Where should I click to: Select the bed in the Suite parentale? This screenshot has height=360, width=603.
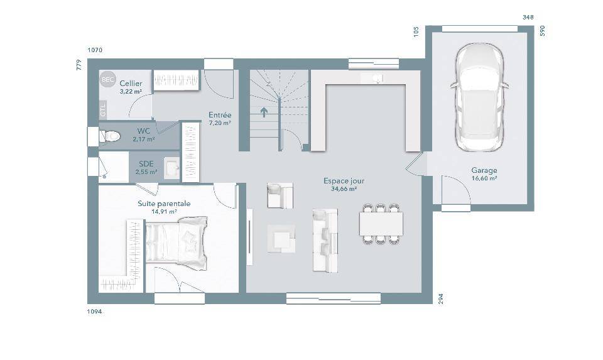(x=176, y=243)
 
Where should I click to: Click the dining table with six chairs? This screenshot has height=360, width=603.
(x=381, y=224)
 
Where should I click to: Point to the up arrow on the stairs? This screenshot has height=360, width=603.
(x=264, y=112)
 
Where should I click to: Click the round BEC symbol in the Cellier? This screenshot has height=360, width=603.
(x=107, y=80)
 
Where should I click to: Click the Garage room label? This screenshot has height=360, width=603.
(x=484, y=170)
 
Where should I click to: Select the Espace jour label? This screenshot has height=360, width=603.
(x=344, y=181)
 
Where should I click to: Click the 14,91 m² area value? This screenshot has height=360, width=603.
(x=164, y=212)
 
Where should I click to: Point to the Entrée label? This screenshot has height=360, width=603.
(x=220, y=114)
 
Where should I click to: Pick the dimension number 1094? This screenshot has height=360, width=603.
(x=95, y=312)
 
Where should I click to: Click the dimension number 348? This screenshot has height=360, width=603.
(x=528, y=17)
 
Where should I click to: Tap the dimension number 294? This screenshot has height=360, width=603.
(x=441, y=299)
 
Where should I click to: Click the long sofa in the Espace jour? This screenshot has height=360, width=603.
(x=325, y=240)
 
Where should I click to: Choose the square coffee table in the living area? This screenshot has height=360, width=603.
(x=281, y=239)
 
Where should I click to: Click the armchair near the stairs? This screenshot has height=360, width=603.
(x=280, y=195)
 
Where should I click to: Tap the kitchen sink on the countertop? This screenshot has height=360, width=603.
(x=378, y=79)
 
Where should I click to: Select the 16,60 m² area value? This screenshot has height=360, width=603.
(x=484, y=178)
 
